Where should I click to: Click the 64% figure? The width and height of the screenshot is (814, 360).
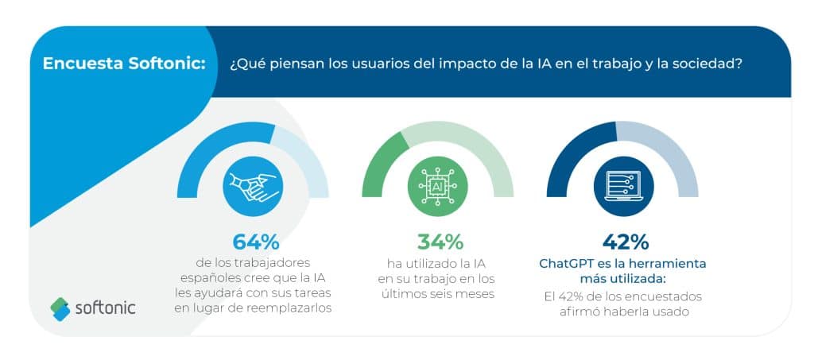point(255,242)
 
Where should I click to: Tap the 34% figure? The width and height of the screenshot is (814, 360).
point(440,242)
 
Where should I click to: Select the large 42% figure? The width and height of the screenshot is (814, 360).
point(625,242)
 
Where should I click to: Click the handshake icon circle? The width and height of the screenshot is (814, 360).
point(253,186)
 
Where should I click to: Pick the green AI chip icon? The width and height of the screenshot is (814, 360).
point(438,186)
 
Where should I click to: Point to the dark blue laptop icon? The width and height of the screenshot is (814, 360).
point(623,186)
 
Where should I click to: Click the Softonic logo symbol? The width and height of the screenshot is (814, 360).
point(60,309)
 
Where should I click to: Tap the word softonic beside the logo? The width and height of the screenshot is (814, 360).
point(106,308)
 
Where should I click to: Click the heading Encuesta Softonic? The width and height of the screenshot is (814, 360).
point(124,64)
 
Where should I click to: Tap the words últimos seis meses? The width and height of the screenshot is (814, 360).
point(437,294)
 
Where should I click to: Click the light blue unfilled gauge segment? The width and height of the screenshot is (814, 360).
point(306,156)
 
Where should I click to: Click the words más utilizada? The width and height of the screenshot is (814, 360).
point(623,279)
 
